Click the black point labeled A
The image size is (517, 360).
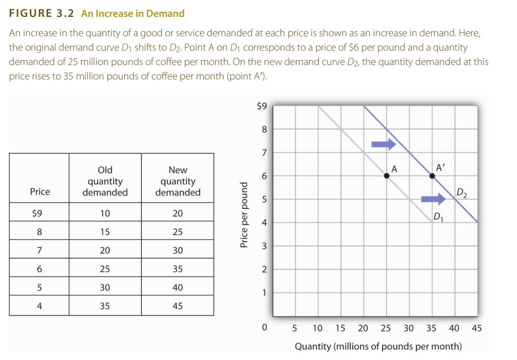(x=387, y=175)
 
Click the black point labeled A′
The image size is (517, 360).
(x=432, y=175)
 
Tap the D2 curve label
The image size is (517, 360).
(x=461, y=193)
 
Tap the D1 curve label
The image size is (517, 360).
(x=438, y=216)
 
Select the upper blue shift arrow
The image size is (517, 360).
(x=384, y=144)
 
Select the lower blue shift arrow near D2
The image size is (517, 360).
(x=433, y=199)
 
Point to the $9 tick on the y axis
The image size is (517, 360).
(x=262, y=105)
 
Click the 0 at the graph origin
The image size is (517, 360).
(x=264, y=328)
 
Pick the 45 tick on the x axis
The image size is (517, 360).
(x=476, y=328)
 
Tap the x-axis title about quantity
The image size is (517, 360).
(x=378, y=346)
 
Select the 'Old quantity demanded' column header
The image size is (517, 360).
(x=105, y=181)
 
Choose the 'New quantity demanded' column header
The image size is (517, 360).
(x=178, y=181)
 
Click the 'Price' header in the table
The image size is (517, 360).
(x=40, y=192)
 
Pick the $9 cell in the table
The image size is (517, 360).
(x=38, y=214)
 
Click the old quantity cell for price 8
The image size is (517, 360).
(x=105, y=232)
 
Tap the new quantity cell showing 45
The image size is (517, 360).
(x=178, y=306)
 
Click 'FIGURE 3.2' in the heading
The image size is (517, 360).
(x=42, y=13)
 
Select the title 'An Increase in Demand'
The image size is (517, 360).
(x=133, y=13)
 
